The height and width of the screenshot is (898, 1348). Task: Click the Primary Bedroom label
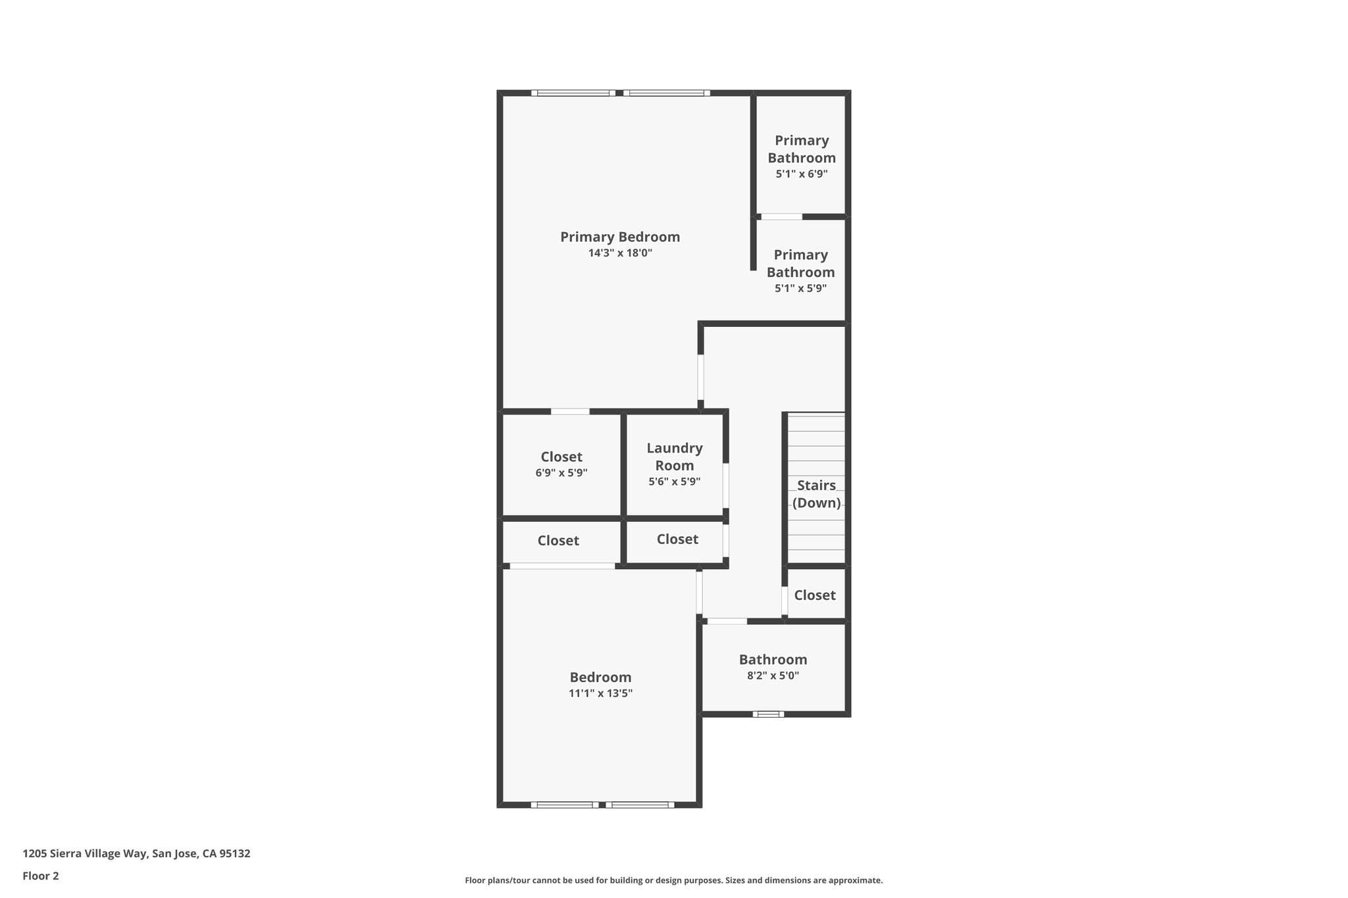point(619,237)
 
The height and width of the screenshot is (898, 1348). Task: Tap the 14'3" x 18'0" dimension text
point(619,253)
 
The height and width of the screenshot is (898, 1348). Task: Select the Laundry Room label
point(674,457)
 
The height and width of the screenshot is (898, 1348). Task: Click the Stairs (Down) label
point(816,494)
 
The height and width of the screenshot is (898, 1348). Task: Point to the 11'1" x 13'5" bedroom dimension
point(600,693)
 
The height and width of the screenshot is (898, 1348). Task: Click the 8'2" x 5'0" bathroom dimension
point(773,676)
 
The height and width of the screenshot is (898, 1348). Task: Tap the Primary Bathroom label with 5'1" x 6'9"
point(801,149)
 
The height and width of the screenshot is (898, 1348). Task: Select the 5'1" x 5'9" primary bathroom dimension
point(800,288)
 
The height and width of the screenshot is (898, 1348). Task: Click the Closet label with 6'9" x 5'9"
point(561,457)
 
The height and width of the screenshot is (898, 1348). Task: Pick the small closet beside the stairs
point(814,595)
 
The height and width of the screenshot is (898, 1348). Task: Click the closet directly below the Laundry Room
point(677,539)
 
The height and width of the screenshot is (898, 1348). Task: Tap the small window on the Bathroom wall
point(768,714)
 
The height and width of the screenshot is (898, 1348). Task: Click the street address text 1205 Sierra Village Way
point(136,853)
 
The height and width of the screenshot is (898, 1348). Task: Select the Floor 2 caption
point(41,876)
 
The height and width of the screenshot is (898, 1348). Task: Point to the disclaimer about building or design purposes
point(673,880)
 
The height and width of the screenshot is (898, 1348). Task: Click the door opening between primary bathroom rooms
point(781,216)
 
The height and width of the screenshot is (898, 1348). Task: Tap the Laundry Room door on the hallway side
point(726,486)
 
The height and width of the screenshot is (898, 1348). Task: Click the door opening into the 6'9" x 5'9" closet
point(570,412)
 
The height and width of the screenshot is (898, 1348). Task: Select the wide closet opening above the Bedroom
point(562,566)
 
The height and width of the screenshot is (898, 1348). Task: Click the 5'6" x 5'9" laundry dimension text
point(674,482)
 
